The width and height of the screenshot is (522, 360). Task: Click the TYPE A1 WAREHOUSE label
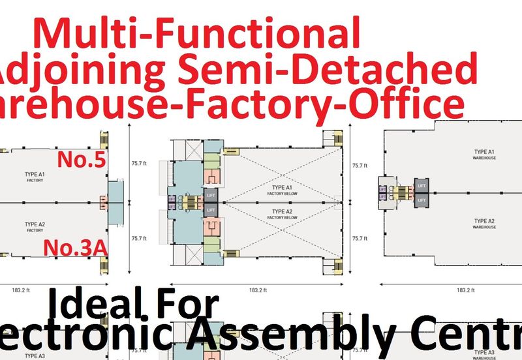click(x=485, y=154)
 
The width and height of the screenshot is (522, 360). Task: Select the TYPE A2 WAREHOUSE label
click(x=485, y=224)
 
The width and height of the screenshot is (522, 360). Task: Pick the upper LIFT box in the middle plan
click(x=211, y=194)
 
